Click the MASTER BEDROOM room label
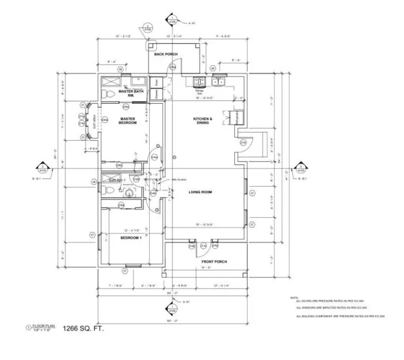[128, 120]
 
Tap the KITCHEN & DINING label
[203, 121]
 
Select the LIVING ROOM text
[201, 192]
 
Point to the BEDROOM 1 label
[131, 238]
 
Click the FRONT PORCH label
[214, 261]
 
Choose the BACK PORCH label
[166, 54]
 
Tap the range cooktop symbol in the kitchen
[199, 83]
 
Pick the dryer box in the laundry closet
[157, 82]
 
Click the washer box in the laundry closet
[157, 94]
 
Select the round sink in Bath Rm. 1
[129, 192]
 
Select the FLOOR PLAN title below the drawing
[42, 326]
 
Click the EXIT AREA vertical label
[95, 121]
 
